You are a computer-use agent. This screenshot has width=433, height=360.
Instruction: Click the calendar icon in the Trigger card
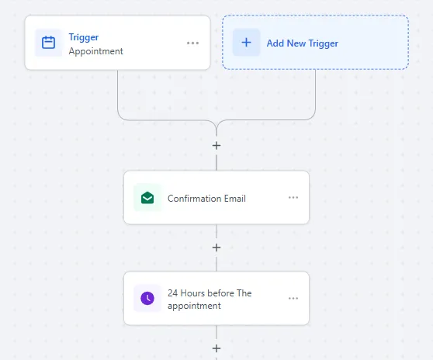[x=48, y=43]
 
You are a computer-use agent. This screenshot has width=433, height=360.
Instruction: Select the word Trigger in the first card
[x=84, y=37]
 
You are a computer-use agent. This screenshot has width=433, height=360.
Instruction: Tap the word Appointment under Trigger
[x=95, y=51]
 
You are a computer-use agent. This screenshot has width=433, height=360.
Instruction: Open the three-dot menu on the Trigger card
[x=192, y=43]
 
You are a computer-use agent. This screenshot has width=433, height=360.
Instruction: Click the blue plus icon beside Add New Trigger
[x=246, y=42]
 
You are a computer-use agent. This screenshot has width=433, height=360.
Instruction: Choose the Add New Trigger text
[x=303, y=43]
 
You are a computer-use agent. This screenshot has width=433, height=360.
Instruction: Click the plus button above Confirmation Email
[x=216, y=146]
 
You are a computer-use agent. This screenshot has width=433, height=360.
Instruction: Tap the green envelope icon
[x=147, y=198]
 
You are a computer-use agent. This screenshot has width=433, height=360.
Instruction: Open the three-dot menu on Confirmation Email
[x=293, y=197]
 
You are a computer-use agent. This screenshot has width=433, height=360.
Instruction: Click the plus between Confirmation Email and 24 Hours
[x=216, y=247]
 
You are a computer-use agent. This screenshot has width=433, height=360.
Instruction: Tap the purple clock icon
[x=147, y=298]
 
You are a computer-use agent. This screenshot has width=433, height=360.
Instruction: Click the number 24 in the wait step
[x=172, y=293]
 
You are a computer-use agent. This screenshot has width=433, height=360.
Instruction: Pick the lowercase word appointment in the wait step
[x=194, y=306]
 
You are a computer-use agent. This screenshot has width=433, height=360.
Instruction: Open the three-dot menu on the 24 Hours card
[x=293, y=298]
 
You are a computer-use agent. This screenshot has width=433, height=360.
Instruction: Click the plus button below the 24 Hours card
[x=216, y=348]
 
